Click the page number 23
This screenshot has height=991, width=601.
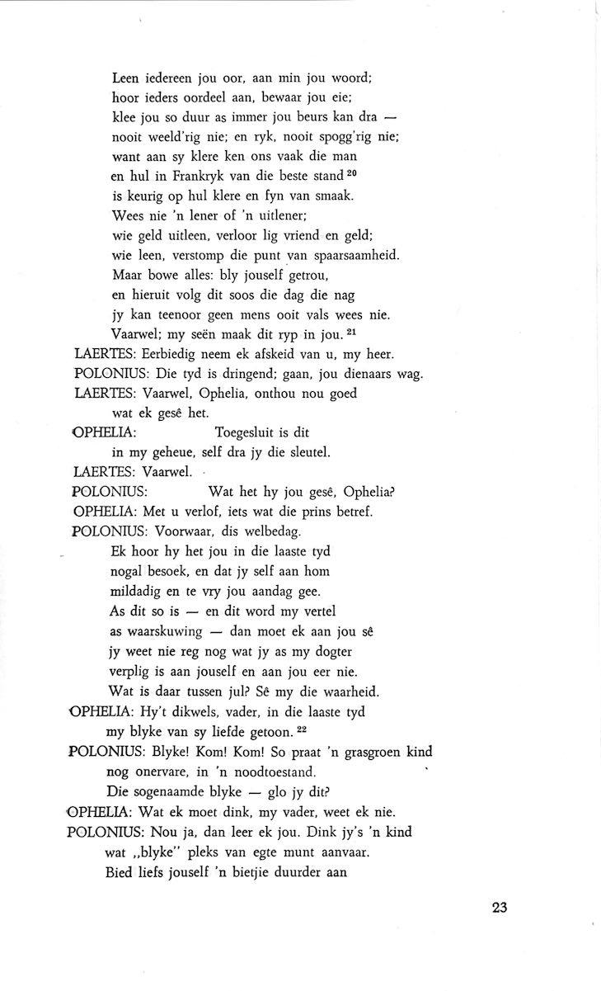[x=498, y=908]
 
